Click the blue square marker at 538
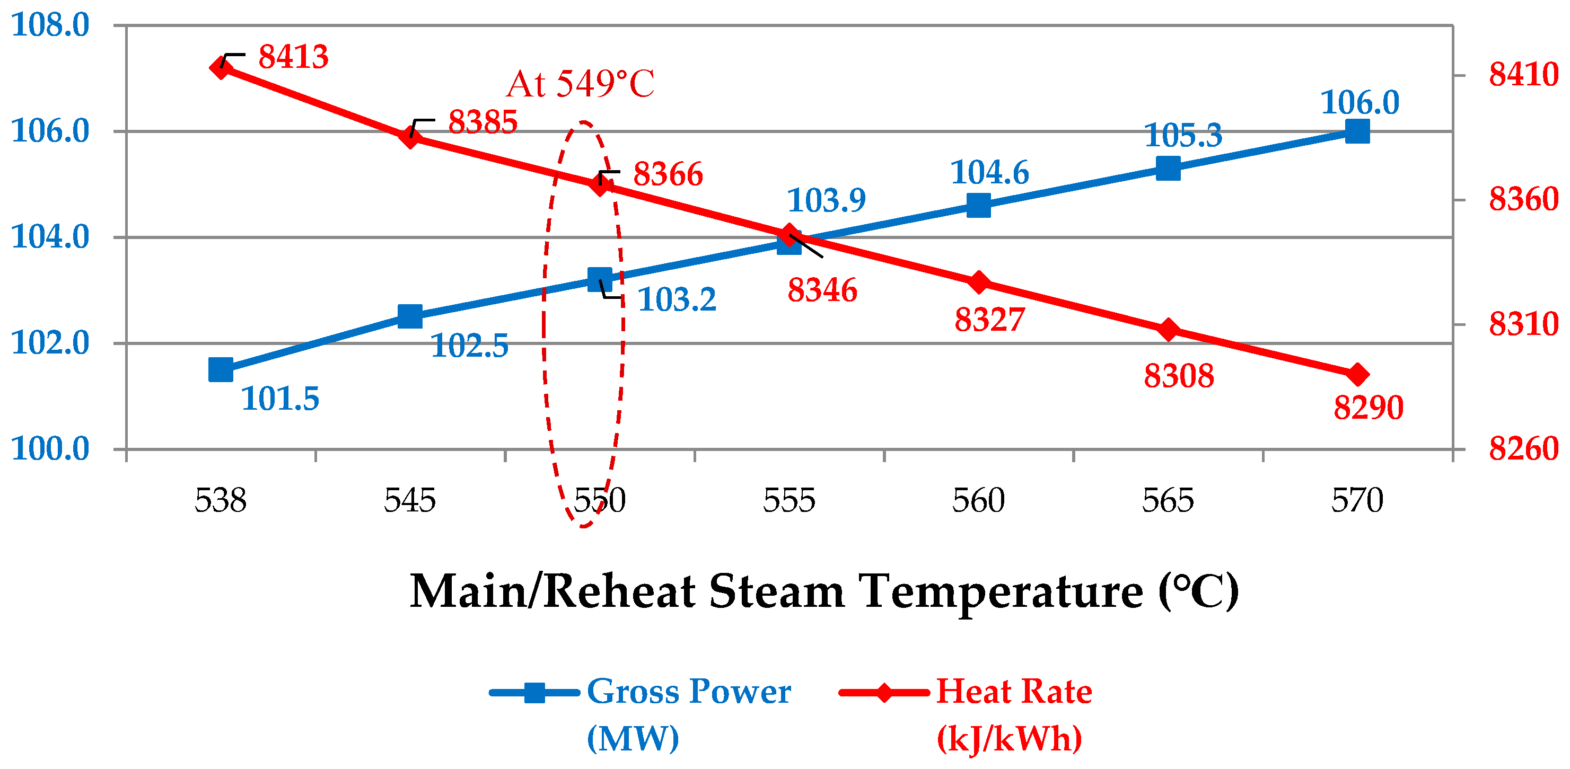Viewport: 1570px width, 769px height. pos(221,370)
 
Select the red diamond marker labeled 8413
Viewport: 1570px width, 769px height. pos(221,68)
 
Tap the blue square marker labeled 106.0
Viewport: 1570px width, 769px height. pos(1357,131)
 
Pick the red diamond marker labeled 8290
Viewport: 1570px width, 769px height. pos(1357,375)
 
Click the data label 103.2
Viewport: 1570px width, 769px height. pos(677,300)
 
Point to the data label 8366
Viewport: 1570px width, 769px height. pos(668,175)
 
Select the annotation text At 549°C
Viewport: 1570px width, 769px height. pos(580,84)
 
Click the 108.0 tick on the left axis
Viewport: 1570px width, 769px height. pos(50,25)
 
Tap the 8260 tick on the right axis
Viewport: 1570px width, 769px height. pos(1523,449)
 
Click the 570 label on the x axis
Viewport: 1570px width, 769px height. pos(1357,501)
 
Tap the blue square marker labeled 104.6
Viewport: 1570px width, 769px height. pos(978,205)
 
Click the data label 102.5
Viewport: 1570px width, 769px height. pos(469,347)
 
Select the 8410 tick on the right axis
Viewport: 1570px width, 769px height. pos(1523,76)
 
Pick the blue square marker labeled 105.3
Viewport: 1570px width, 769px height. pos(1168,169)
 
